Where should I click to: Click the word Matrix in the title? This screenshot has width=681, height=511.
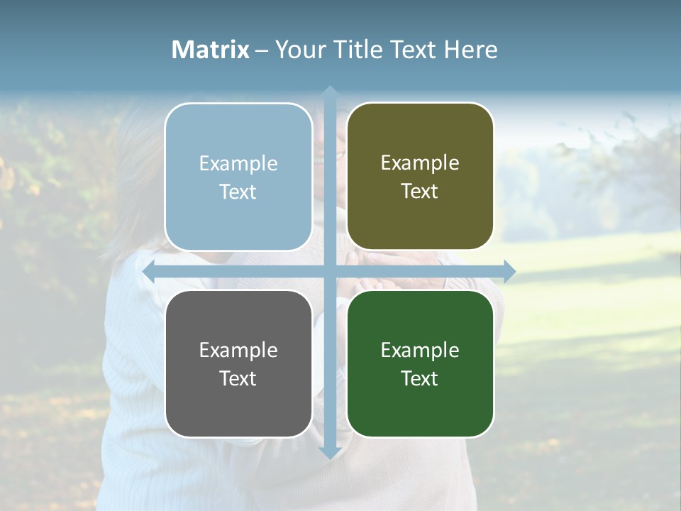point(211,50)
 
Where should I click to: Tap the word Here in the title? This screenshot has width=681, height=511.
point(470,50)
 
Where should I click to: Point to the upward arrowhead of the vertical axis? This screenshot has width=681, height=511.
point(329,93)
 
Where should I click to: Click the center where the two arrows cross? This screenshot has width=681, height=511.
point(329,271)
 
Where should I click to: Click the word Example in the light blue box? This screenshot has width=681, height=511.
point(238,164)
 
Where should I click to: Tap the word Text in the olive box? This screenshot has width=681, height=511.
point(420,192)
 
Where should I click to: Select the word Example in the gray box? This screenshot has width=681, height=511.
point(238,350)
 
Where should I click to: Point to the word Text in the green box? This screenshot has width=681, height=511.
point(420,378)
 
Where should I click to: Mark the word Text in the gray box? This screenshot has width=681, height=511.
point(238,378)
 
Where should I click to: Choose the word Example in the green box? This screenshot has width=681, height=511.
point(420,350)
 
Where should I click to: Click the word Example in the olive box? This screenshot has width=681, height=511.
point(420,163)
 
